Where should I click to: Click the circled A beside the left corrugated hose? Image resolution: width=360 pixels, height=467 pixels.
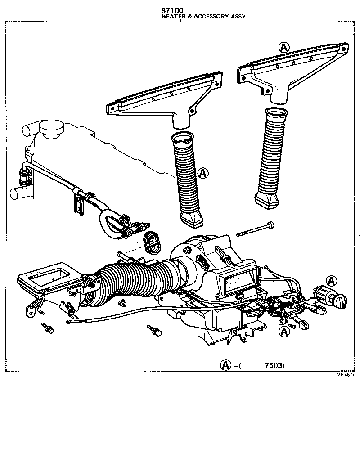tap(203, 172)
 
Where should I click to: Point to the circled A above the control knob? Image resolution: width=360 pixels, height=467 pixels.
tap(331, 281)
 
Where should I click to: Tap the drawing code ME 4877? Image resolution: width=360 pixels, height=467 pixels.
tap(346, 374)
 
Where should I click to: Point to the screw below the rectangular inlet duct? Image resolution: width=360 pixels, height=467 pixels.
tap(48, 328)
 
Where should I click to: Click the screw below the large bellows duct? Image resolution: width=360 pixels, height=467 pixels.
tap(153, 331)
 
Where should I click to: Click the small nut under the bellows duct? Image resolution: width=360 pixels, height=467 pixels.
tap(122, 302)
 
